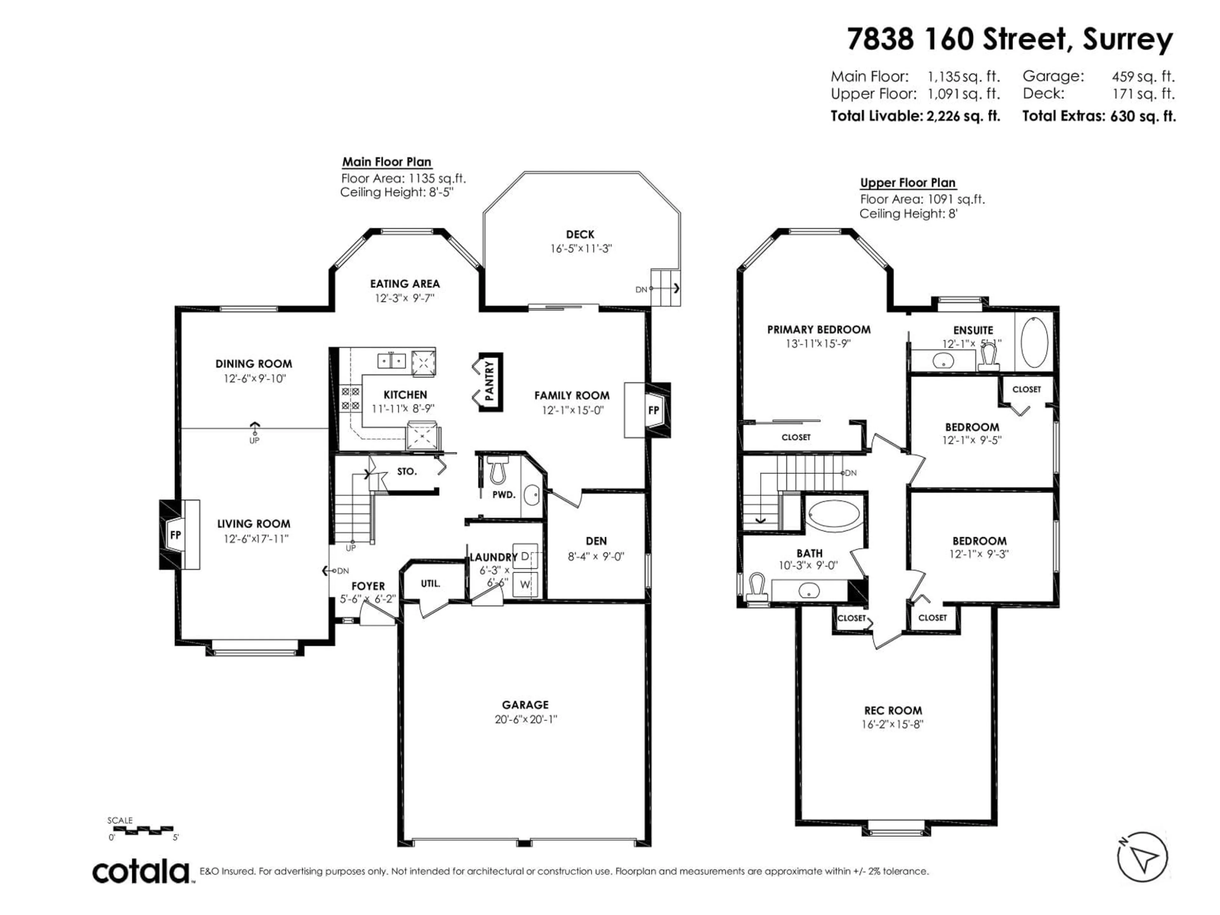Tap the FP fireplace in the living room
pyautogui.click(x=175, y=534)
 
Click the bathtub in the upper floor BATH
pyautogui.click(x=833, y=515)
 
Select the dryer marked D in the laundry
pyautogui.click(x=525, y=556)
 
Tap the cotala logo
pyautogui.click(x=141, y=872)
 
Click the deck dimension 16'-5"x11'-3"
pyautogui.click(x=581, y=249)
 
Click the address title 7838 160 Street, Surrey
pyautogui.click(x=1009, y=40)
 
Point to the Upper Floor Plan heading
pyautogui.click(x=907, y=183)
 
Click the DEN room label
pyautogui.click(x=596, y=541)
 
